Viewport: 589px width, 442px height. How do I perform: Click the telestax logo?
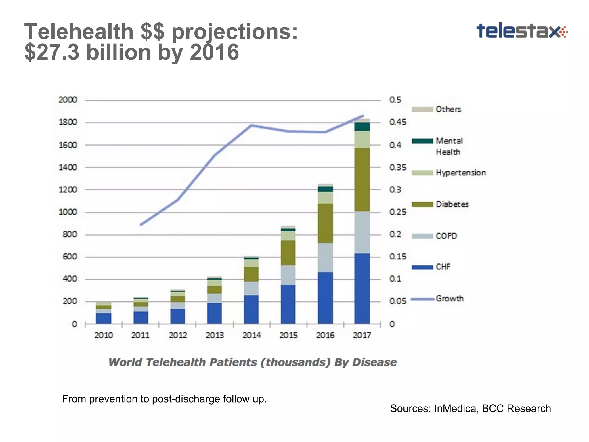tap(521, 31)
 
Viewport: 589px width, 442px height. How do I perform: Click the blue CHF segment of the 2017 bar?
tap(362, 288)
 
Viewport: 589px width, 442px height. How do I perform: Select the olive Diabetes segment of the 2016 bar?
tap(325, 223)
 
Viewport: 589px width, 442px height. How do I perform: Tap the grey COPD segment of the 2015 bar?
tap(288, 275)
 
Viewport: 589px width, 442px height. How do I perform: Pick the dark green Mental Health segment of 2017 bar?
tap(362, 127)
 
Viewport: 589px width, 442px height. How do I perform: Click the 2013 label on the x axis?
tap(215, 335)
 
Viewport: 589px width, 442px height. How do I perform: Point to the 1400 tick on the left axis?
tap(68, 167)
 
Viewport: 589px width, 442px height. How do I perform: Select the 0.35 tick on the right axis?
tap(398, 167)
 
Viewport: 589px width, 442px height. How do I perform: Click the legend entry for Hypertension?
tap(460, 173)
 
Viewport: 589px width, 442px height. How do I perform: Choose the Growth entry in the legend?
tap(450, 299)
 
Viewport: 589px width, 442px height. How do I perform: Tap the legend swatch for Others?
tap(422, 109)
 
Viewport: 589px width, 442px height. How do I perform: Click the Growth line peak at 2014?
tap(251, 125)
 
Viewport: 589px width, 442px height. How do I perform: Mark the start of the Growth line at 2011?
tap(141, 225)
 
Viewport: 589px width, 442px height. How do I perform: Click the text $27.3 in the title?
tap(52, 52)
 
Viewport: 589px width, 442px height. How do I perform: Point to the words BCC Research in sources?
tap(516, 408)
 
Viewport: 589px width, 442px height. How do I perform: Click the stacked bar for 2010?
tap(104, 313)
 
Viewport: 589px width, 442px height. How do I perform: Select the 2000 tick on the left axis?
tap(68, 100)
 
